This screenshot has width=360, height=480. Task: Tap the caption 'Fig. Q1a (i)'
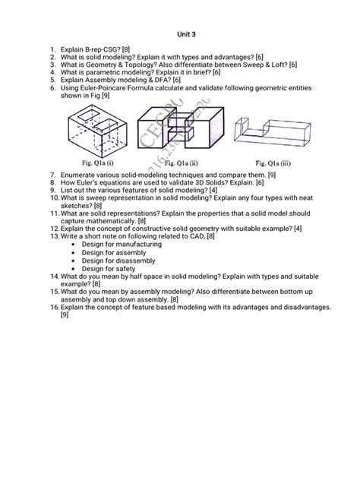95,162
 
